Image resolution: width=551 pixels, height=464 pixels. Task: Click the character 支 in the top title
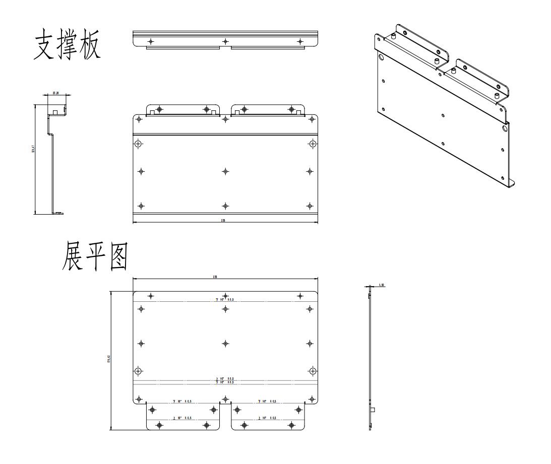click(x=47, y=47)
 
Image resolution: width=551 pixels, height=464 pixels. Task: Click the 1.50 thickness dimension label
click(x=382, y=286)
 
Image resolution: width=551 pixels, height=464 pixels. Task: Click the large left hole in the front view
click(x=138, y=144)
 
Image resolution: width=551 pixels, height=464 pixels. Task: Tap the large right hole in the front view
click(x=313, y=144)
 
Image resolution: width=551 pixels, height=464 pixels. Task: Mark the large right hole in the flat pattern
click(x=313, y=371)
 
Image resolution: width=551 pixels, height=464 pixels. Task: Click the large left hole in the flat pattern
click(x=138, y=371)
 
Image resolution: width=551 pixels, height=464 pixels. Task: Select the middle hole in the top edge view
click(x=225, y=41)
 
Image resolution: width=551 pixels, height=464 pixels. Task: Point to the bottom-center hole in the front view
click(x=225, y=206)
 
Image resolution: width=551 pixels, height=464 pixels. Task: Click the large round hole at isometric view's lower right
click(x=505, y=128)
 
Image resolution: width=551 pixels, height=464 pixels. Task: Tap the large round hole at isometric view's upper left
click(x=381, y=58)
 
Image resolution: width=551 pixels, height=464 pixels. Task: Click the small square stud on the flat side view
click(x=373, y=410)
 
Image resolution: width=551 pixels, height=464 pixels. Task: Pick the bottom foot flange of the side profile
click(x=58, y=214)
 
